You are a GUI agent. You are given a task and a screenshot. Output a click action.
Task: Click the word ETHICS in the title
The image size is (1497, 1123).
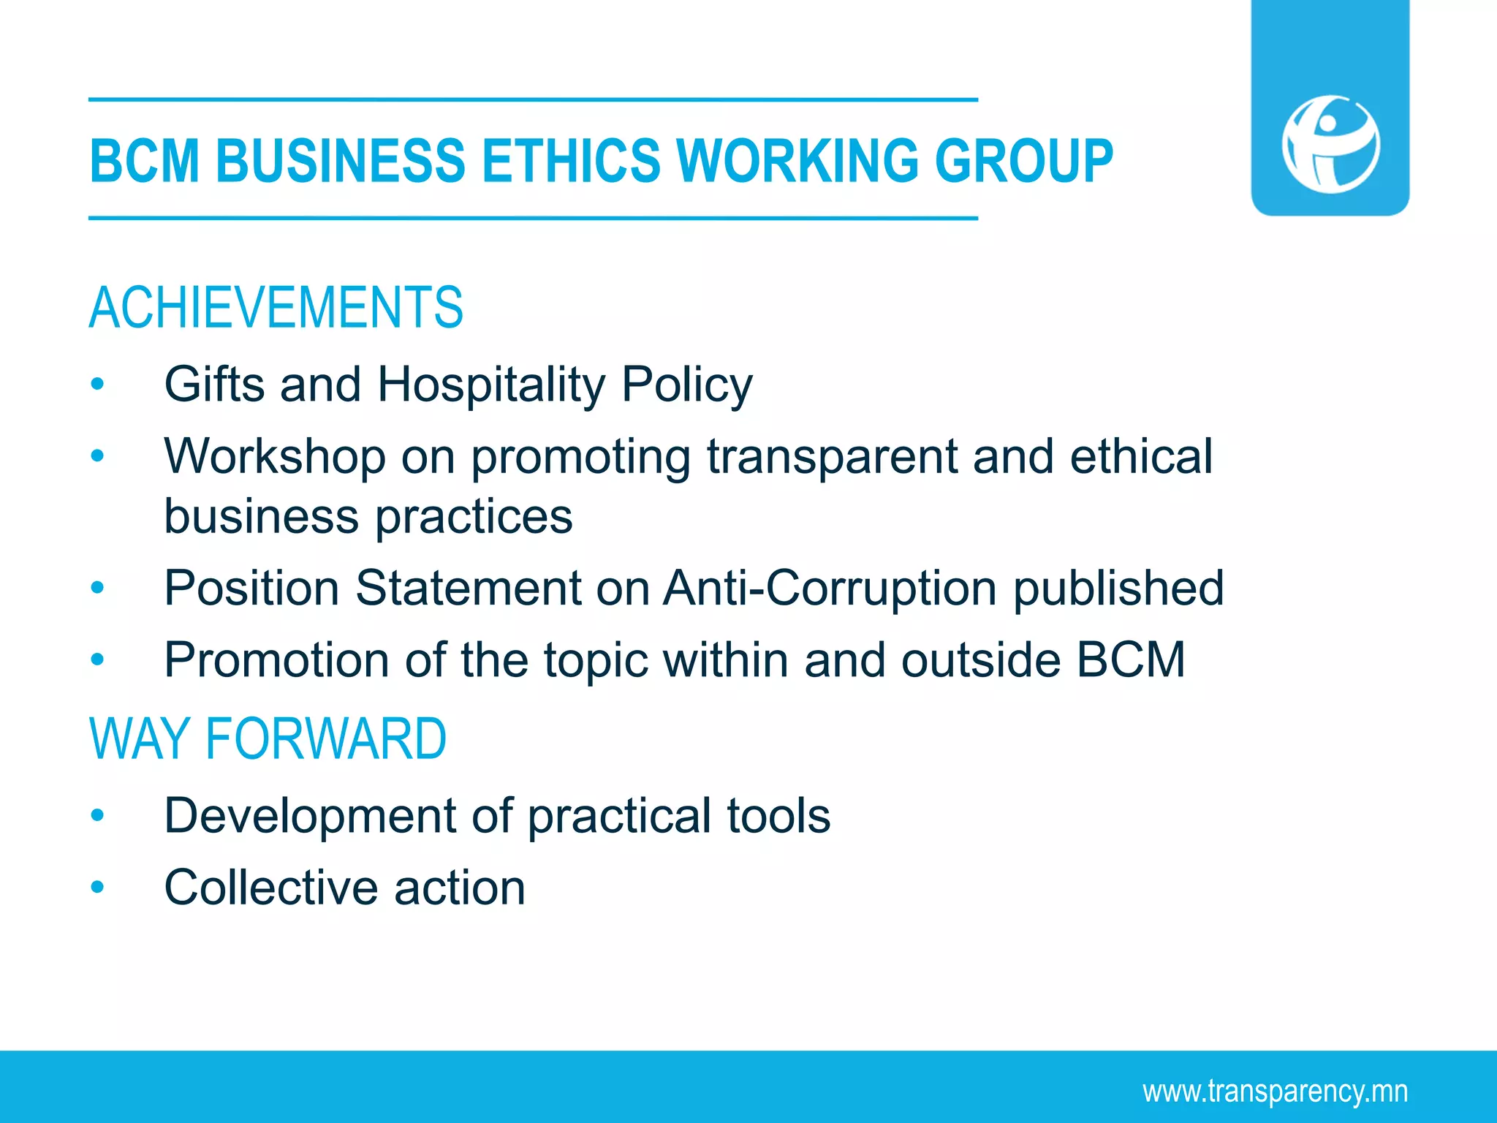pyautogui.click(x=571, y=161)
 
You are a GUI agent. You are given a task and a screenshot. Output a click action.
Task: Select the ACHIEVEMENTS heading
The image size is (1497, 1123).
pyautogui.click(x=276, y=308)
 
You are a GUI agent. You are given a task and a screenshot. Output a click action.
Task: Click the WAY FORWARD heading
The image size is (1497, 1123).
pyautogui.click(x=268, y=739)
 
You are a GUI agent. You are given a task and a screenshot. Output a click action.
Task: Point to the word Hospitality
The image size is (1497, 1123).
pyautogui.click(x=491, y=385)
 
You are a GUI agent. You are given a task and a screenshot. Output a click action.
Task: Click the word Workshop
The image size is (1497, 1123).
pyautogui.click(x=275, y=457)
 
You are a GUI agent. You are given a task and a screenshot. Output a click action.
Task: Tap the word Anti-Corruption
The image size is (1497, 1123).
pyautogui.click(x=830, y=588)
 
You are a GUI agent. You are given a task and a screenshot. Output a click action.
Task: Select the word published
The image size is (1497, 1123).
pyautogui.click(x=1118, y=589)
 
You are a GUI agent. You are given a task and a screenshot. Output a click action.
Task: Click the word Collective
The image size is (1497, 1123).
pyautogui.click(x=271, y=888)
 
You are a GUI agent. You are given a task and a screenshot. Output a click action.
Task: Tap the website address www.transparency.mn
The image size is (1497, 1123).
pyautogui.click(x=1275, y=1092)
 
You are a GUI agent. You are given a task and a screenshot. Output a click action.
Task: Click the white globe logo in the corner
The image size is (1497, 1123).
pyautogui.click(x=1330, y=144)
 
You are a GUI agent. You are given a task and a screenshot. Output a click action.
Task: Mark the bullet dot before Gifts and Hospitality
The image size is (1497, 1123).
pyautogui.click(x=97, y=385)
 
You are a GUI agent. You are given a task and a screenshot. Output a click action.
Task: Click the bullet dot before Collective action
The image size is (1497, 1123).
pyautogui.click(x=97, y=888)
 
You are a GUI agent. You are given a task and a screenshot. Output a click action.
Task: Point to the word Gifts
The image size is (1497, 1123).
pyautogui.click(x=214, y=385)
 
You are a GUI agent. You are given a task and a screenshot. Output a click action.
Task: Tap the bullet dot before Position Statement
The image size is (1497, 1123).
pyautogui.click(x=97, y=588)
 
